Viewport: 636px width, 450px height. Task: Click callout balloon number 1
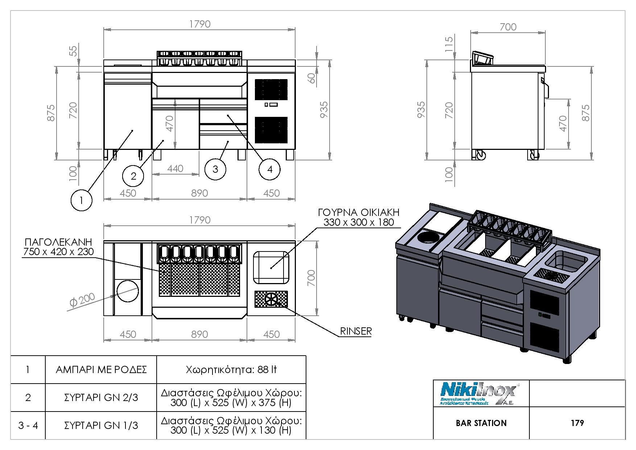point(81,200)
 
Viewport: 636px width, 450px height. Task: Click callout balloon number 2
point(133,176)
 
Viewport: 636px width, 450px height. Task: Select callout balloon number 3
point(215,169)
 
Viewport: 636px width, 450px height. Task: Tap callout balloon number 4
point(269,169)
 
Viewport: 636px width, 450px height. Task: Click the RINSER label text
point(356,331)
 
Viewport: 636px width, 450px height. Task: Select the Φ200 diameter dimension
point(83,300)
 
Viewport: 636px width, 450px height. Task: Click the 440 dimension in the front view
point(175,169)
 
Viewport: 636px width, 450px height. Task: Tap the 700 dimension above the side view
point(508,27)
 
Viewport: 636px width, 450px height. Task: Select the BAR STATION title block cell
point(481,423)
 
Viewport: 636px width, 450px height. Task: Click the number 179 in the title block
point(577,423)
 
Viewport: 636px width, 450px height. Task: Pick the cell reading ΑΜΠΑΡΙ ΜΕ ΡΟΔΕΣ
point(101,370)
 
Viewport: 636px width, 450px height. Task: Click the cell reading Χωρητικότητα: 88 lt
point(231,370)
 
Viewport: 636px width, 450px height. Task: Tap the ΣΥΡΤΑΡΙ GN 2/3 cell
point(101,398)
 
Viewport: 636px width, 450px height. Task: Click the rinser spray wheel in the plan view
point(271,299)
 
